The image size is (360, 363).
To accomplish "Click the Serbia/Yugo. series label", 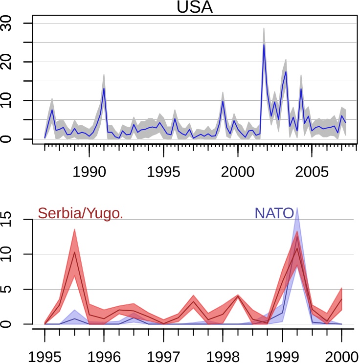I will click(80, 213).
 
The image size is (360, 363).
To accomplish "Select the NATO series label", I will click(274, 213).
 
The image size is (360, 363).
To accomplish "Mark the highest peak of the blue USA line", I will click(264, 45).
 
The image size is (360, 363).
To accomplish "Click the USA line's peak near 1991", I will click(104, 88).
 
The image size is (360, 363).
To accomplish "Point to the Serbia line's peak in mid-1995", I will click(74, 251).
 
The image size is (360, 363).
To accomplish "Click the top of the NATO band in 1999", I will click(297, 208).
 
